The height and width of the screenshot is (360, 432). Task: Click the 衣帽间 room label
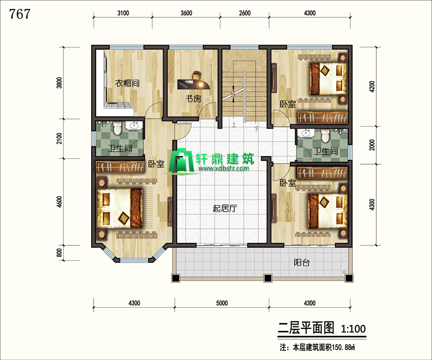tap(127, 83)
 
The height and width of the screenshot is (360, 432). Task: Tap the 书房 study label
tap(193, 98)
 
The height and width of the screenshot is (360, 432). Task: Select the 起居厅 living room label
tap(225, 208)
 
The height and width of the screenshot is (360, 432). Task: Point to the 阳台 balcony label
tap(302, 263)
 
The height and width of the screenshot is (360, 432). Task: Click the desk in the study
tap(193, 84)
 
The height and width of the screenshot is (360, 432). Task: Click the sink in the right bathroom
tap(306, 133)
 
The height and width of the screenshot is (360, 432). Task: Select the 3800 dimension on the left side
tap(59, 83)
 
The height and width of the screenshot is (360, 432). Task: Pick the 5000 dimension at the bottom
tap(222, 303)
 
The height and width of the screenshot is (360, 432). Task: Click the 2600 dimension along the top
tap(245, 13)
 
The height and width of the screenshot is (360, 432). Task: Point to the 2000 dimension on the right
tap(372, 145)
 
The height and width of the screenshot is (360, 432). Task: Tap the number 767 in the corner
tap(20, 14)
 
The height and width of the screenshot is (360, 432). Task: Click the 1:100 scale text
tap(353, 329)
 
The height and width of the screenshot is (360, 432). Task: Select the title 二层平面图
tap(306, 328)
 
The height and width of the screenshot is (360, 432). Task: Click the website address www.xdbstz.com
tap(223, 168)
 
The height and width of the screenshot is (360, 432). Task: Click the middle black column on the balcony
tap(267, 278)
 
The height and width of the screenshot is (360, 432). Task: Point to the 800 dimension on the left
tap(59, 252)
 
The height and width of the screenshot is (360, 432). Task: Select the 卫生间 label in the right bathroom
tap(325, 151)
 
